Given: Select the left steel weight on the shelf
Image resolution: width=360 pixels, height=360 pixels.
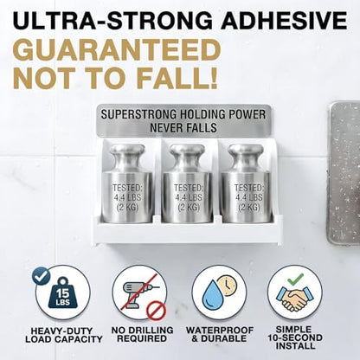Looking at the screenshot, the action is [x=127, y=183].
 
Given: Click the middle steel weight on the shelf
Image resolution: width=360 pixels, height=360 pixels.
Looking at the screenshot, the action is [x=187, y=183].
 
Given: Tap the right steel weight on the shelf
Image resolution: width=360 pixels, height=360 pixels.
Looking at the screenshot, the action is [x=246, y=183].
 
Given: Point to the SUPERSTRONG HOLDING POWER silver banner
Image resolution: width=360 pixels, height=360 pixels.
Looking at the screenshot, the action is [x=183, y=120].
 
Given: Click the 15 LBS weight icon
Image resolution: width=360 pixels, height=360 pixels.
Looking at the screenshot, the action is [x=63, y=293].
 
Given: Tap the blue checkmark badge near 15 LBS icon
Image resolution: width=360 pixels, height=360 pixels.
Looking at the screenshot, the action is [x=41, y=276].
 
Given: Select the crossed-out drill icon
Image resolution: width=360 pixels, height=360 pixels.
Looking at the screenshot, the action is [x=139, y=292].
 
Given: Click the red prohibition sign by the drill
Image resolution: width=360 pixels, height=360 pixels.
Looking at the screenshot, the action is [x=157, y=310].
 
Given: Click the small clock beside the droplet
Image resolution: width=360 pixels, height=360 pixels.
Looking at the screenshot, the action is [x=228, y=286].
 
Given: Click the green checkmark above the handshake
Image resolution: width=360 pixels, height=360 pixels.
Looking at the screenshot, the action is [x=295, y=279].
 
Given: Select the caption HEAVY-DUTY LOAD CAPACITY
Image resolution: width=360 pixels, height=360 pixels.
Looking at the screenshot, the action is [x=64, y=335].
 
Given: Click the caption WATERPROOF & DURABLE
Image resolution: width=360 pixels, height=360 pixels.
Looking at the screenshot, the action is [x=220, y=334].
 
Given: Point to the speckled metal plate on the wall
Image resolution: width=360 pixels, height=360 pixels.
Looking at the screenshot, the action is [x=344, y=174].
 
